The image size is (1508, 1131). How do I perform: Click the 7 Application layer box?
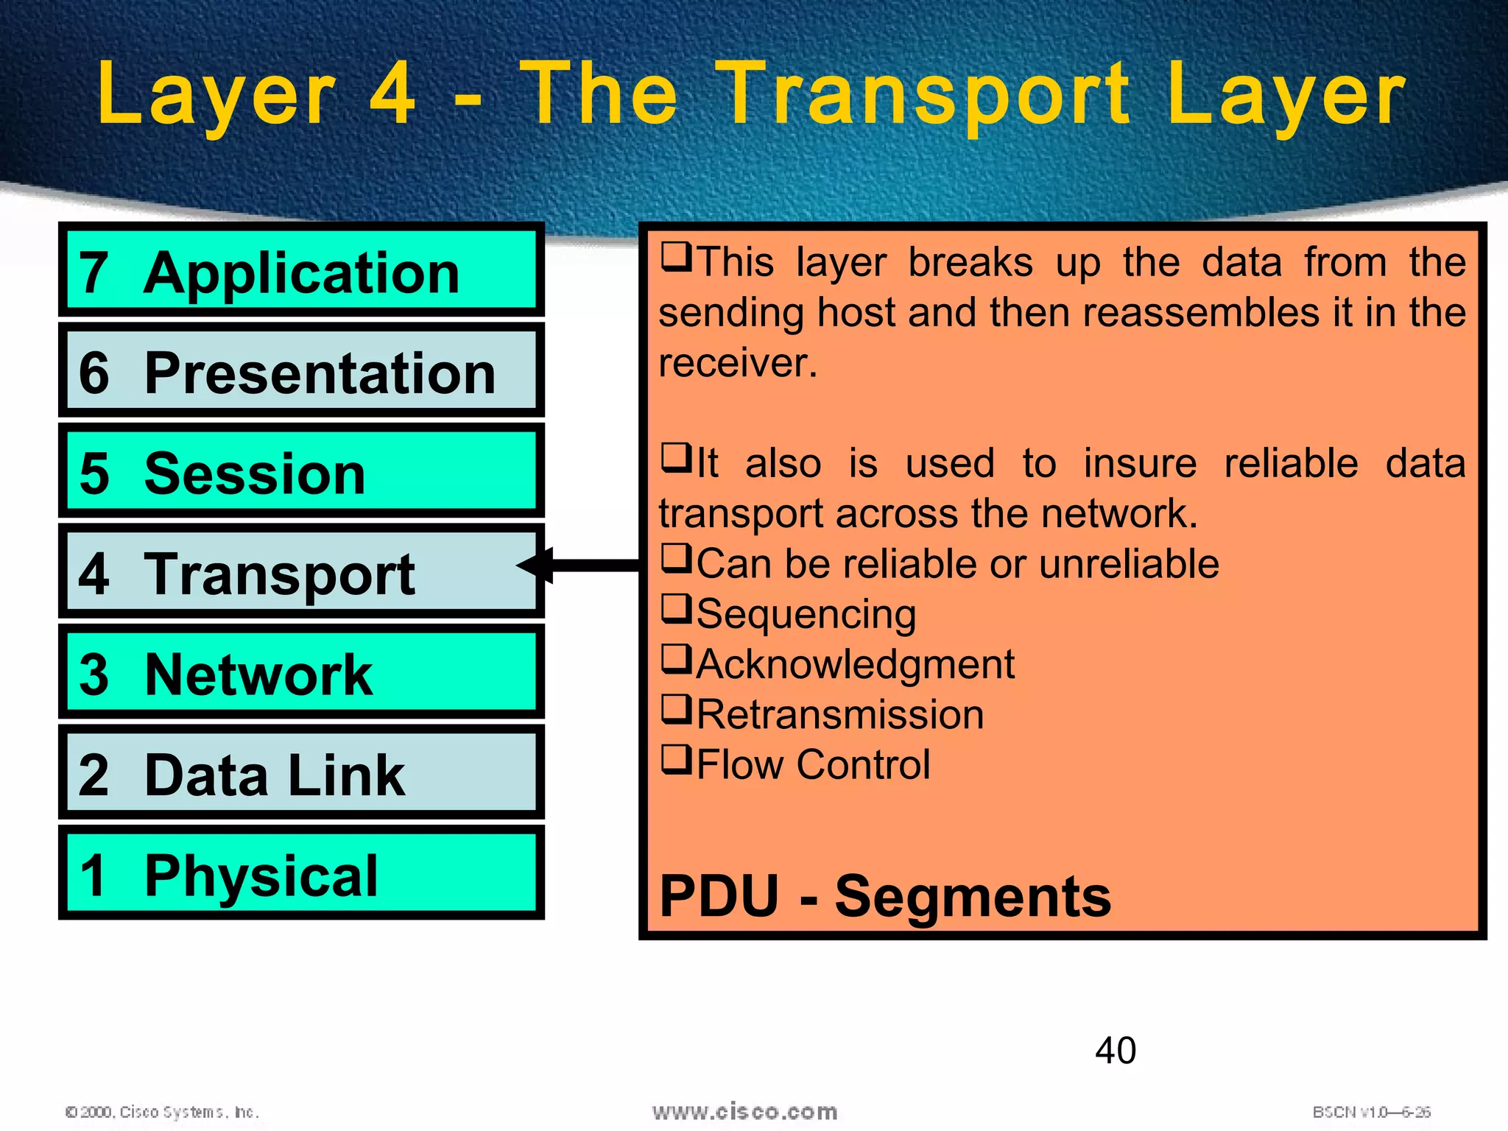[301, 270]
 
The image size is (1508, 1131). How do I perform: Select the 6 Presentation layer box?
[301, 370]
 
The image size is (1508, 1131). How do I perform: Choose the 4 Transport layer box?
[301, 571]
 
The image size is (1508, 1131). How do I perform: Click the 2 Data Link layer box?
[301, 772]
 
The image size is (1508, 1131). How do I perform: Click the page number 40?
[1115, 1050]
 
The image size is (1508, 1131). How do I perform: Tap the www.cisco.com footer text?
[744, 1111]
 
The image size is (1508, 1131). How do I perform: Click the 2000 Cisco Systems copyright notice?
[162, 1112]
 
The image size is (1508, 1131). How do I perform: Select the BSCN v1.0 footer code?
[1371, 1112]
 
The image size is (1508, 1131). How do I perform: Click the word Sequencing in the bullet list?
[806, 614]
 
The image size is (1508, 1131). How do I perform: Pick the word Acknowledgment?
[856, 664]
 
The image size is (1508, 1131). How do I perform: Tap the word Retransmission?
[840, 714]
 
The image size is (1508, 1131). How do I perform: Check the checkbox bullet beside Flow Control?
[676, 760]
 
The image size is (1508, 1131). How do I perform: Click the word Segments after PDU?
[972, 896]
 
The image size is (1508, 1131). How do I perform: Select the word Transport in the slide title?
[924, 94]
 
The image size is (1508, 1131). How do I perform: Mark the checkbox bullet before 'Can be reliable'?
[676, 558]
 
